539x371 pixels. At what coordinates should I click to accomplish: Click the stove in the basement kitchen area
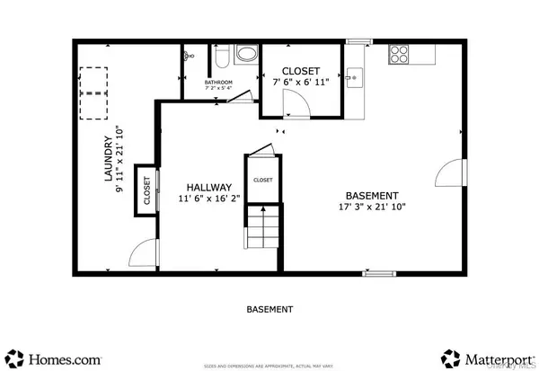click(x=399, y=54)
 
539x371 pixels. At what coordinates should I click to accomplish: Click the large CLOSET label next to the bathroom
click(x=300, y=70)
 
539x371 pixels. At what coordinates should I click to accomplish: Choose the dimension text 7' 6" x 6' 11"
click(x=300, y=83)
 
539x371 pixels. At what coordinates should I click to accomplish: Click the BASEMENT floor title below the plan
click(x=269, y=309)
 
